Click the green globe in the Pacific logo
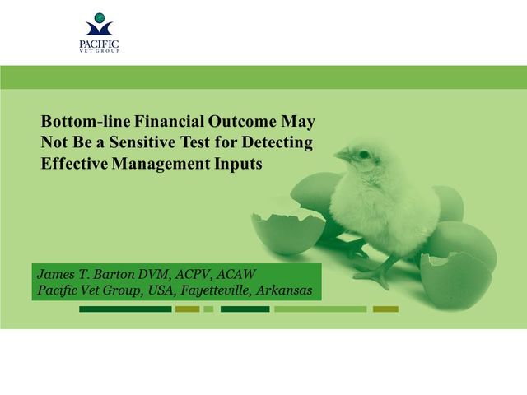[100, 17]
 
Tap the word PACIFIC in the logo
[99, 44]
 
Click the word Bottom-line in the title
[86, 121]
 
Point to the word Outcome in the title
[242, 121]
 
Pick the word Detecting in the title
[277, 143]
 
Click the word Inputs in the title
[238, 165]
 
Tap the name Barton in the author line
[113, 274]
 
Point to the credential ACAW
[236, 274]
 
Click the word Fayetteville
[217, 290]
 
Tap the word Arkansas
[284, 290]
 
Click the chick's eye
[364, 155]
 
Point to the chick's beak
[343, 155]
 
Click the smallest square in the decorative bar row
[208, 309]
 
